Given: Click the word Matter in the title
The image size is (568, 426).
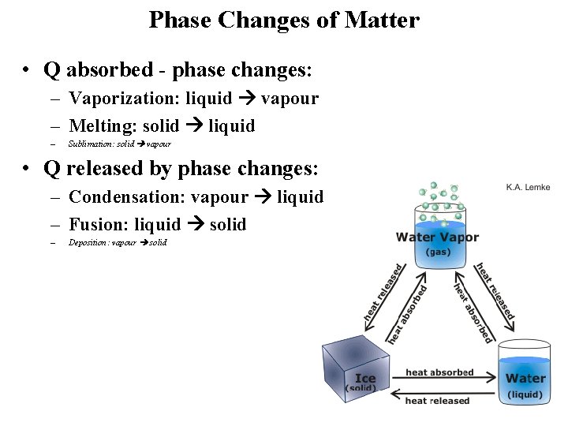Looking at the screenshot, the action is point(382,20).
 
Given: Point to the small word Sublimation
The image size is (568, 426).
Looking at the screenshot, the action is point(91,144).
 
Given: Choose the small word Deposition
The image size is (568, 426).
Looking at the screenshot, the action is point(89,242).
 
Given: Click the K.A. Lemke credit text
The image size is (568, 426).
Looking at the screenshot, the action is point(528,187).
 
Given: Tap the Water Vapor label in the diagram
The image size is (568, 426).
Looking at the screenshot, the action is point(437,237).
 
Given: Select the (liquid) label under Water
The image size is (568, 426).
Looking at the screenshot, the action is point(525,394).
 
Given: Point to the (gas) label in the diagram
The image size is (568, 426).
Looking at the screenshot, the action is point(438,252).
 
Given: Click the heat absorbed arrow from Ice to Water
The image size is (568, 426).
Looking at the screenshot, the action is point(440,382).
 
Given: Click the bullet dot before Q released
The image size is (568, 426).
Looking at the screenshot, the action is point(27,169).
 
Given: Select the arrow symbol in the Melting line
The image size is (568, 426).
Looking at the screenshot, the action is point(193,126).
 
